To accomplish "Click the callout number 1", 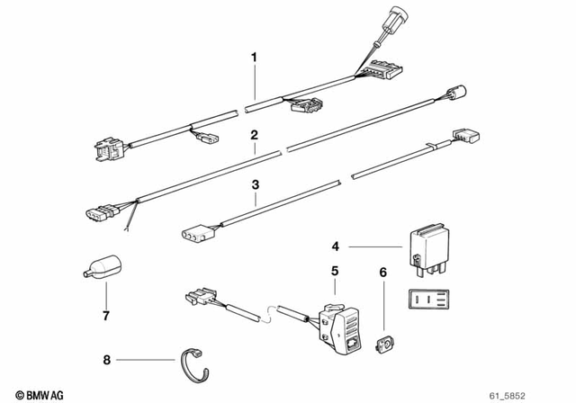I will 255,58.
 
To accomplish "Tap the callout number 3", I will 255,185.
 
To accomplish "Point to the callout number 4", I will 335,246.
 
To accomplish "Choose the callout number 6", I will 382,271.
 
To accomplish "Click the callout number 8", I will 107,361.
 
